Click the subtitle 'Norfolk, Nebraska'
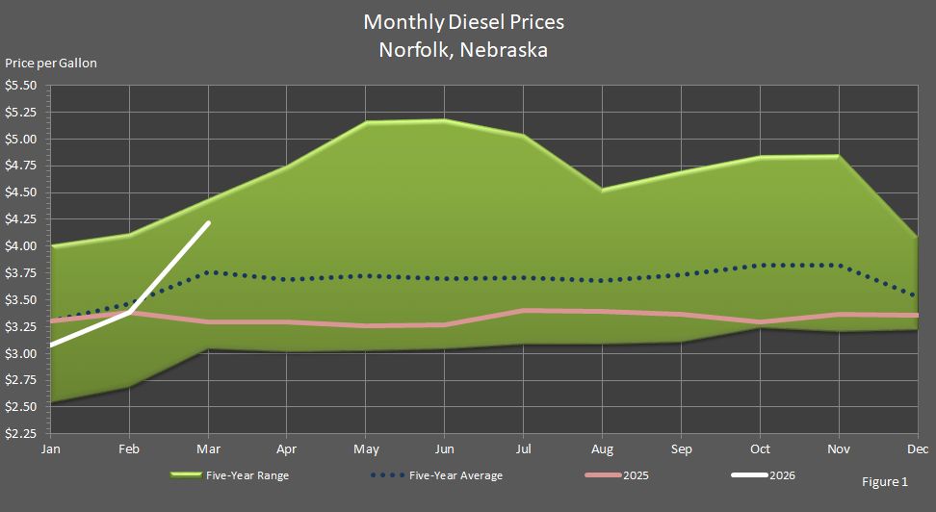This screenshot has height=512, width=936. pos(463,50)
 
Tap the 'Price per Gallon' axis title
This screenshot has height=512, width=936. pos(51,64)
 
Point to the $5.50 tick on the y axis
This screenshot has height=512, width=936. pos(21,86)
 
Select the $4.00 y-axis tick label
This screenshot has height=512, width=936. pos(21,246)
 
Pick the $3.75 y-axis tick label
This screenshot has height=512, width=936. pos(21,273)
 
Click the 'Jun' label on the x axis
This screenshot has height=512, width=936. pos(444,449)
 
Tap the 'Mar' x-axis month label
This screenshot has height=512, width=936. pos(209,449)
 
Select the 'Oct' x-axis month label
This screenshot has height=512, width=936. pos(759,449)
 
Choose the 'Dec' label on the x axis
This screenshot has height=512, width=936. pos(918,449)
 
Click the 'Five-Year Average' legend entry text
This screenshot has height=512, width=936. pos(455,475)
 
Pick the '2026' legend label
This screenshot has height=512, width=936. pos(782,475)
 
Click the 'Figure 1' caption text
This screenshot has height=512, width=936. pos(885,481)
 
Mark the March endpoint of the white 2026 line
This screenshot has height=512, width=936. pos(209,223)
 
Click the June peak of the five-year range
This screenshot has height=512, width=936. pos(444,120)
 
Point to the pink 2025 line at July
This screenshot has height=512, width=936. pos(523,310)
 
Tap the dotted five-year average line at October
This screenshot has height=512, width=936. pos(759,266)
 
